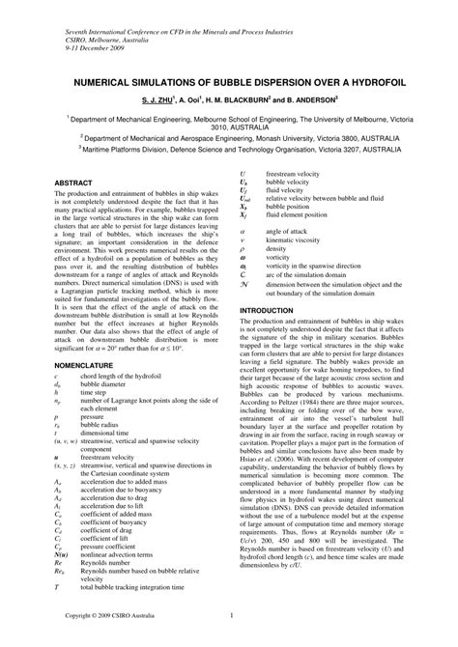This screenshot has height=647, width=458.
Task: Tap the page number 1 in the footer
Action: (x=229, y=616)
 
